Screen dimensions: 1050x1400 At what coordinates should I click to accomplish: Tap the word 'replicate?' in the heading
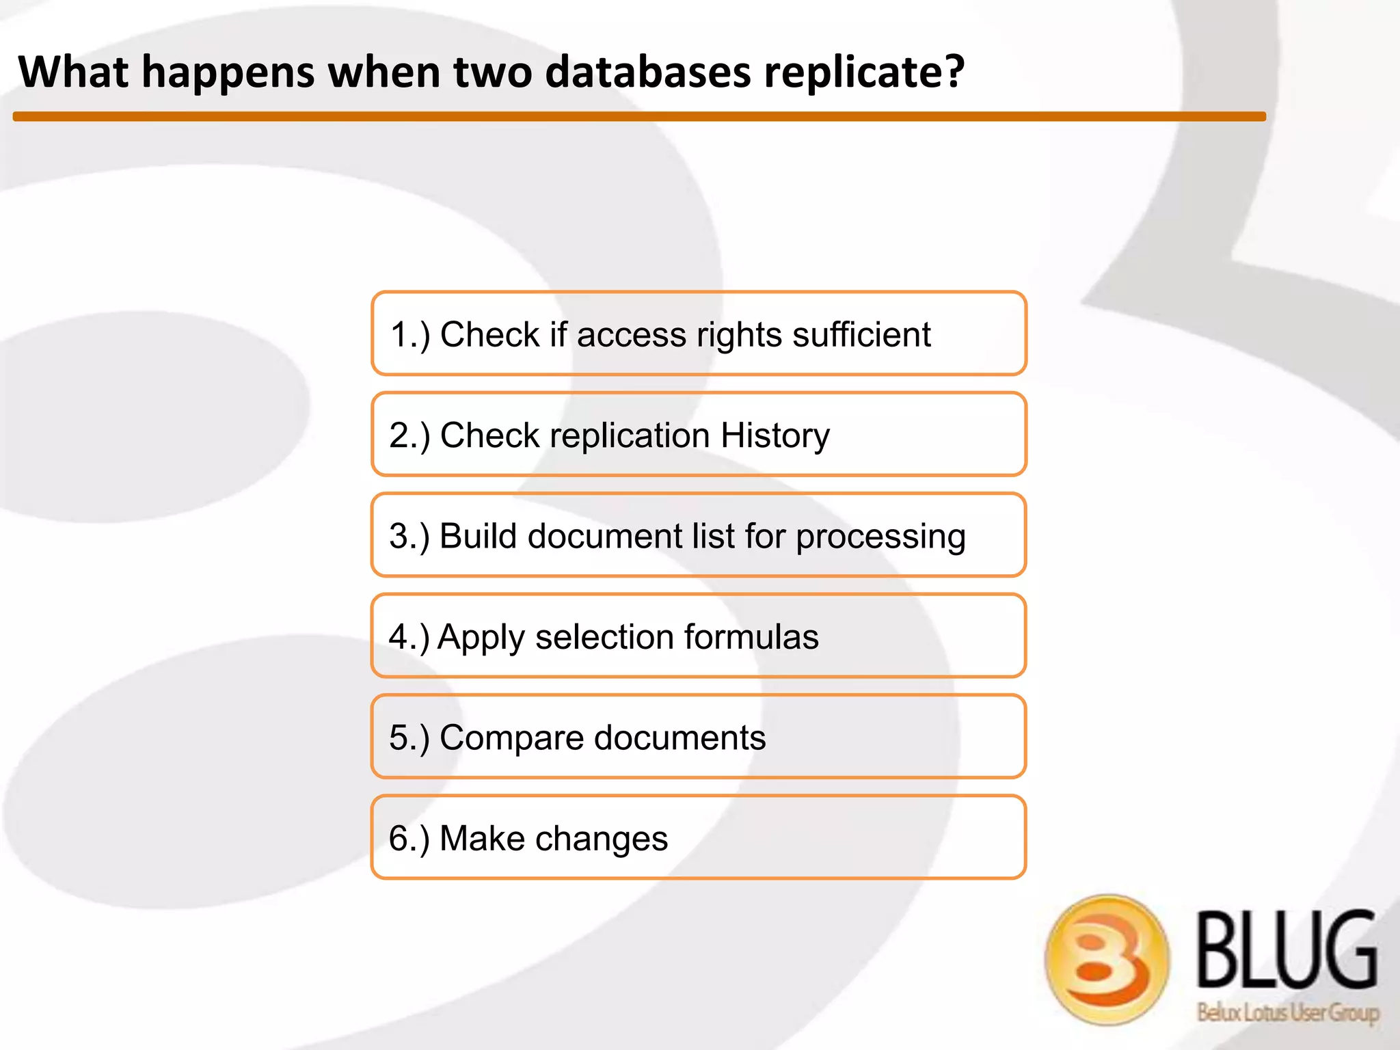[x=864, y=72]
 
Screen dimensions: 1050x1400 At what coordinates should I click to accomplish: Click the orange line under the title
[x=639, y=117]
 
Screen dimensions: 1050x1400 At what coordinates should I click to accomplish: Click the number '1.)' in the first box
[x=409, y=335]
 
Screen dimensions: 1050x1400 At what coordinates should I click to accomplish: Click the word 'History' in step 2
[x=775, y=435]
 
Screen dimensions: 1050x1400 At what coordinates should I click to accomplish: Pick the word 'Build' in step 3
[x=478, y=536]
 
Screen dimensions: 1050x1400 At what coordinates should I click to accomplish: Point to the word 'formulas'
[x=751, y=636]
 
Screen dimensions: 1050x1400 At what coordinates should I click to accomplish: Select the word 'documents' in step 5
[x=679, y=738]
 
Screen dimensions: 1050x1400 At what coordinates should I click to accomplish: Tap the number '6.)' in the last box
[x=409, y=839]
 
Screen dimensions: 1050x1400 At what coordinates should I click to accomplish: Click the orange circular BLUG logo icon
[x=1107, y=959]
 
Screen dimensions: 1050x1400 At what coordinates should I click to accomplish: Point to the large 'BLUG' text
[x=1287, y=950]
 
